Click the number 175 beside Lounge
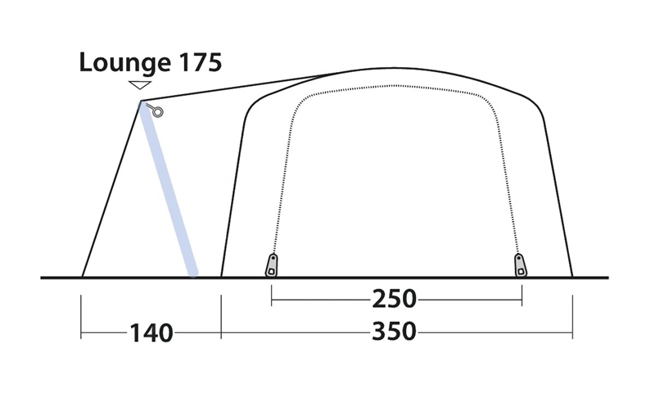pos(197,62)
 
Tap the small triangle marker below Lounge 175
pos(140,85)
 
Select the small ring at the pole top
pos(158,112)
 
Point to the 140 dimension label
pos(151,333)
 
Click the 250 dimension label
pos(395,300)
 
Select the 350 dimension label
pos(395,332)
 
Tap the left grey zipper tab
pos(271,264)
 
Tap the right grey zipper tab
pos(520,264)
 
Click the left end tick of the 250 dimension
pos(271,300)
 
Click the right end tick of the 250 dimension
pos(522,300)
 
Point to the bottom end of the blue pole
pos(193,273)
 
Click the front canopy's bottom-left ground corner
pos(82,277)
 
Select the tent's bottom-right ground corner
pos(572,277)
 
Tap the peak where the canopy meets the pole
pos(142,102)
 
